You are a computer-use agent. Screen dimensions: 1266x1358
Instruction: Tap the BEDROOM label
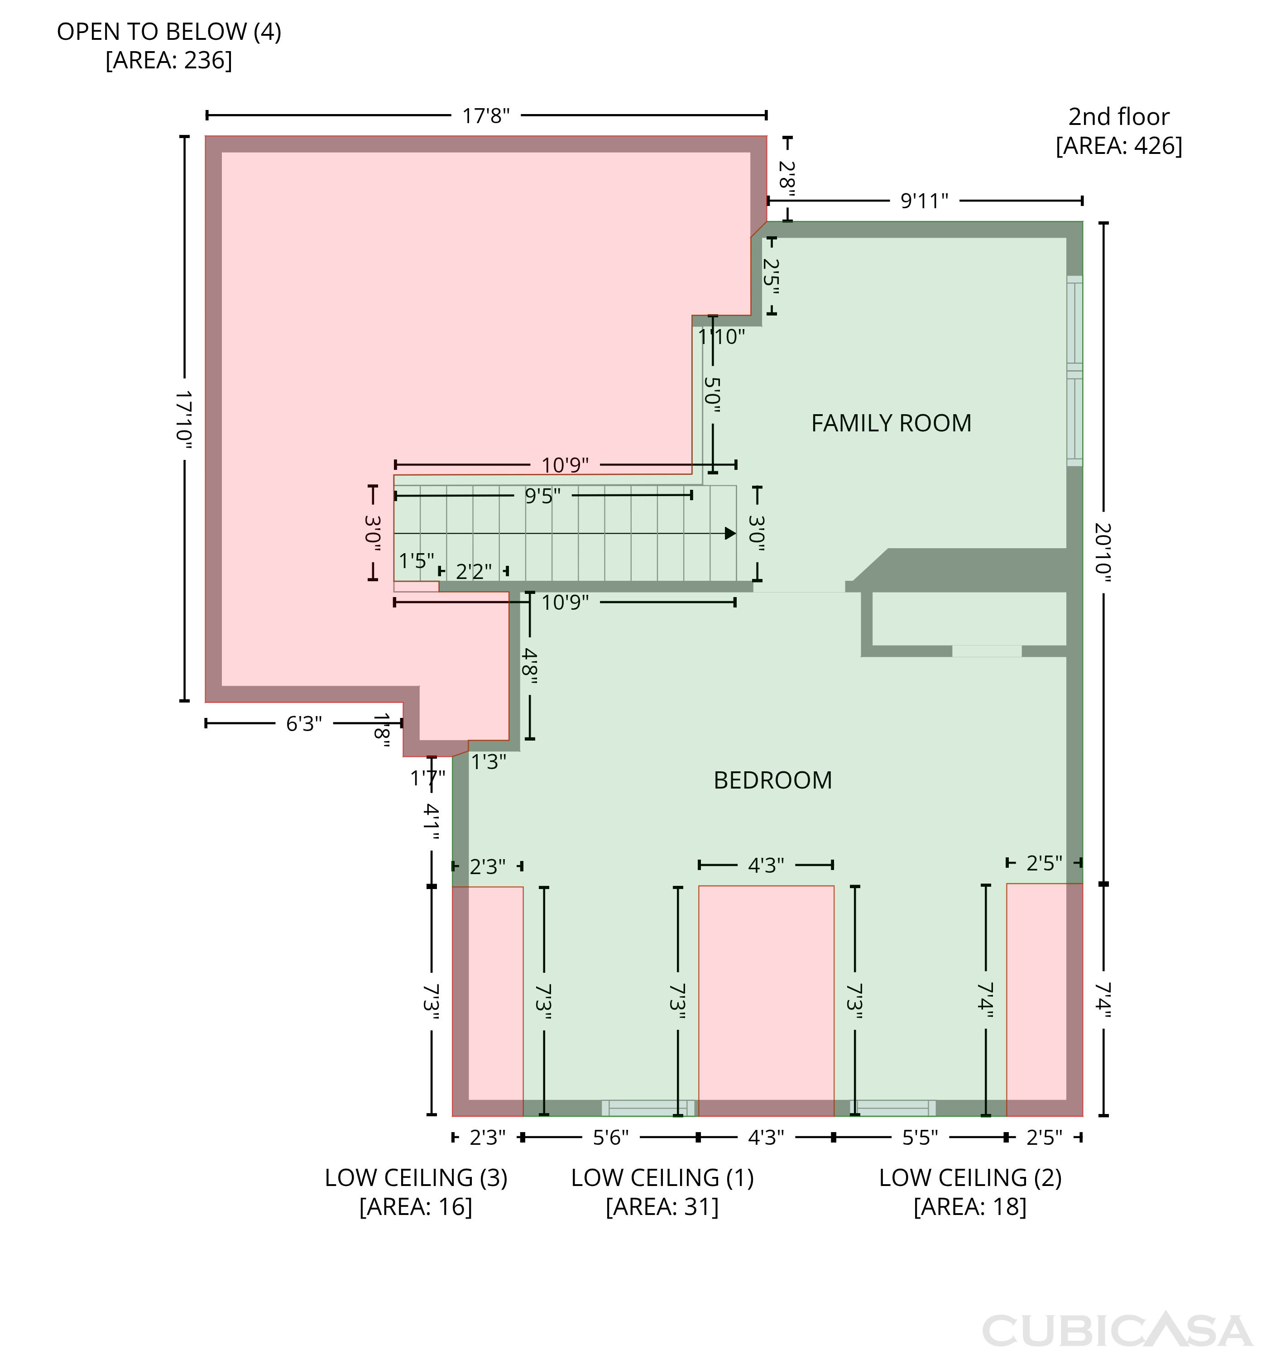(773, 780)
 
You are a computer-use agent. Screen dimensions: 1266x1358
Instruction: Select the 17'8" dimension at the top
(486, 115)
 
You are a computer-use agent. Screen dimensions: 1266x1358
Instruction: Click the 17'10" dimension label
(184, 420)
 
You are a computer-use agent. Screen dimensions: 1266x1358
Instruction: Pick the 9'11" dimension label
(925, 201)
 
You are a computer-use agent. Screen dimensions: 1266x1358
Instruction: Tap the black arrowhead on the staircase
(730, 533)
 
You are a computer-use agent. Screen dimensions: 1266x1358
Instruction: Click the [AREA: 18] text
(970, 1207)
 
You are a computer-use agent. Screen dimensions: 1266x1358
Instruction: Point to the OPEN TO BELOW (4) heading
(169, 31)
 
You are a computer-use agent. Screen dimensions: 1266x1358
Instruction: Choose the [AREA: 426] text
(1119, 145)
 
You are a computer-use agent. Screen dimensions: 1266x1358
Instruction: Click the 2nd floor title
(1119, 117)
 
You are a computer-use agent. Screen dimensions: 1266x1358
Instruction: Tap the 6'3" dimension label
(303, 723)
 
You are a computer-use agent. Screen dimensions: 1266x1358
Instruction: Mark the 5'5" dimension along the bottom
(920, 1138)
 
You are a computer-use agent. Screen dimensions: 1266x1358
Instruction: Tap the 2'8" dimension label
(787, 178)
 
